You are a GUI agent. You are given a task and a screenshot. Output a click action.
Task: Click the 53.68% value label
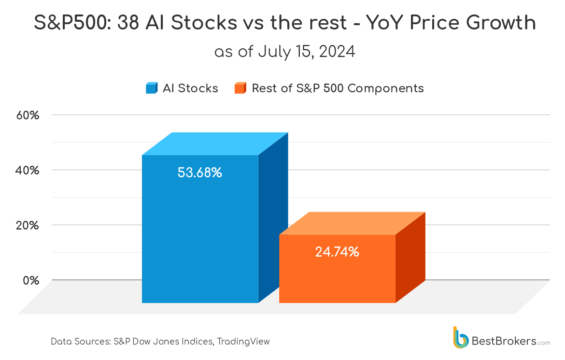tap(199, 173)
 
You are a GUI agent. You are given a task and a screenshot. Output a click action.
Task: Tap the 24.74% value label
tap(337, 252)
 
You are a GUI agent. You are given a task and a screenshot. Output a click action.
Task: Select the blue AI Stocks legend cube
tap(151, 88)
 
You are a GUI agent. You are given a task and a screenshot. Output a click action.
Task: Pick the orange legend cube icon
tap(240, 88)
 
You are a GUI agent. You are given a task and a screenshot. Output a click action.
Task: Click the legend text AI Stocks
tap(190, 88)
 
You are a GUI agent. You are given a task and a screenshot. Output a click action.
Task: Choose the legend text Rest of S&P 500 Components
tap(338, 88)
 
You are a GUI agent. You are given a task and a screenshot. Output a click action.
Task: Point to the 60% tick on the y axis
tap(28, 115)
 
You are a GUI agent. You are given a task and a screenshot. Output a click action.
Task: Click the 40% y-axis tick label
tap(28, 170)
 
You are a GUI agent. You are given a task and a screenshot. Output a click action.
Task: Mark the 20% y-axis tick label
tap(28, 226)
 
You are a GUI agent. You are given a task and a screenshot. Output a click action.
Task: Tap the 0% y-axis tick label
tap(31, 281)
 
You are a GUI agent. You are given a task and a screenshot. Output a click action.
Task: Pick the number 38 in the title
tap(128, 23)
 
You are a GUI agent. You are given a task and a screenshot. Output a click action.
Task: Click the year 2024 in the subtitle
tap(337, 52)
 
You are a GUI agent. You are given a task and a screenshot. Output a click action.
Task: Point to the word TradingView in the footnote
tap(243, 342)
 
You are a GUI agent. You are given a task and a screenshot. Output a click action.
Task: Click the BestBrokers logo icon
tap(461, 338)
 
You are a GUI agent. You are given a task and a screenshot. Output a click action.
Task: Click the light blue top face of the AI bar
tap(215, 144)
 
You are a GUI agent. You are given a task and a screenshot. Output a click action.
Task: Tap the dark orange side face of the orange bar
tap(410, 257)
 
